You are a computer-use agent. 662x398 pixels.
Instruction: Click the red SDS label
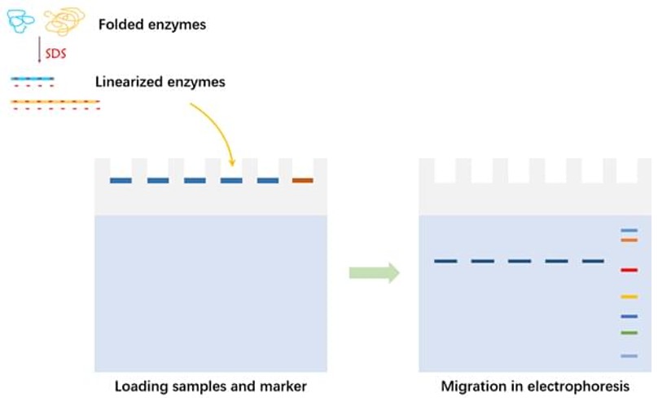click(55, 53)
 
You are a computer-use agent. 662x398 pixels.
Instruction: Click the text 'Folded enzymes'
click(152, 24)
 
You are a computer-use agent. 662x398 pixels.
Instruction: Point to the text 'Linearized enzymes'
click(160, 82)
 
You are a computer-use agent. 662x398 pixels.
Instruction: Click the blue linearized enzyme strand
click(33, 79)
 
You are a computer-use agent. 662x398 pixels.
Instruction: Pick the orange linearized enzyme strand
click(55, 102)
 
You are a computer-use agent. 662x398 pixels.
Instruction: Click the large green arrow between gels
click(374, 272)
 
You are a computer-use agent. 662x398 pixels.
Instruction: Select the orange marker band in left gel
click(302, 180)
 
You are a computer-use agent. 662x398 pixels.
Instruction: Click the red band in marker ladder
click(629, 270)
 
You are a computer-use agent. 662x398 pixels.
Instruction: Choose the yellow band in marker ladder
click(629, 297)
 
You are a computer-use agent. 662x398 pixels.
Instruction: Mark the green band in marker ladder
click(629, 333)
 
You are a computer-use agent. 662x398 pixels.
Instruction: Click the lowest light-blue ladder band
click(629, 356)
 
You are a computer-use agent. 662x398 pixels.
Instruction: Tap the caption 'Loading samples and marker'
click(210, 386)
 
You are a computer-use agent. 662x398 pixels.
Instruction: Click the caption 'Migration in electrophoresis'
click(535, 386)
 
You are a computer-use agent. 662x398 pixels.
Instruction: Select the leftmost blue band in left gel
click(121, 180)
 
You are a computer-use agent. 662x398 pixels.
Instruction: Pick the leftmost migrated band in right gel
click(445, 261)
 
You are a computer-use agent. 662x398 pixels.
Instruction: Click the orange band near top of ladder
click(629, 240)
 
